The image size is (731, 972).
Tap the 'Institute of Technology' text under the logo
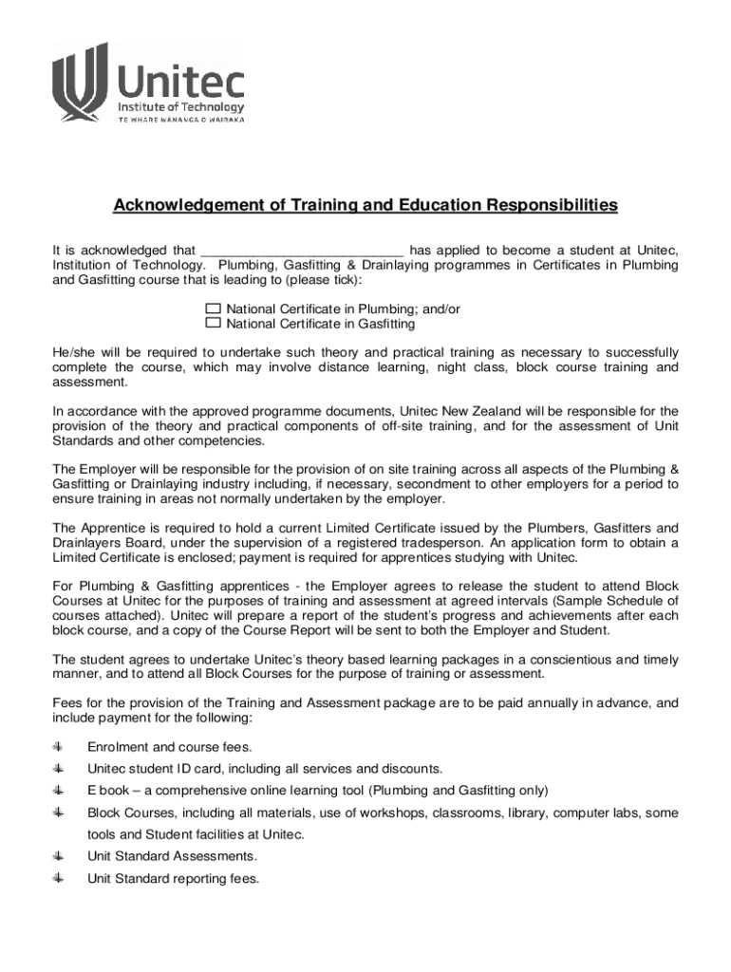click(x=180, y=107)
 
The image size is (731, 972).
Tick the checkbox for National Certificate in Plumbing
click(x=213, y=309)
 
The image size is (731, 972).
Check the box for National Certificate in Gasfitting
click(x=213, y=324)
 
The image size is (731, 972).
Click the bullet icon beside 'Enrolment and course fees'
click(x=58, y=746)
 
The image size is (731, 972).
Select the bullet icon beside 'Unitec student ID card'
click(x=58, y=768)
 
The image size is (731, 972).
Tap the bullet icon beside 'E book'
click(x=58, y=790)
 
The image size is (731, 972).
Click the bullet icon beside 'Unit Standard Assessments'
click(x=58, y=856)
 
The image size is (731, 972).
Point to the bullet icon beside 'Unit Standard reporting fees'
click(x=58, y=878)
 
